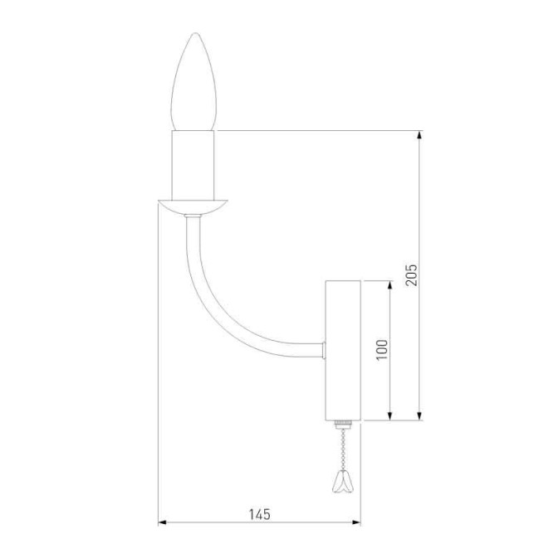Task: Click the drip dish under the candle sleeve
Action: click(193, 206)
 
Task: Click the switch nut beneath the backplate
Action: click(341, 425)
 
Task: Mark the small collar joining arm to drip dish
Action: click(193, 217)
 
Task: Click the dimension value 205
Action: click(412, 274)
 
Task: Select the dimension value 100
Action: click(382, 348)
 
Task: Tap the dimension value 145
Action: click(259, 514)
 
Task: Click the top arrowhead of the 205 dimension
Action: click(420, 134)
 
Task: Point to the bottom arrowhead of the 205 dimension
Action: click(420, 415)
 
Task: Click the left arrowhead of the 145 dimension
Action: click(163, 522)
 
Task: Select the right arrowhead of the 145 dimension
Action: click(356, 522)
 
